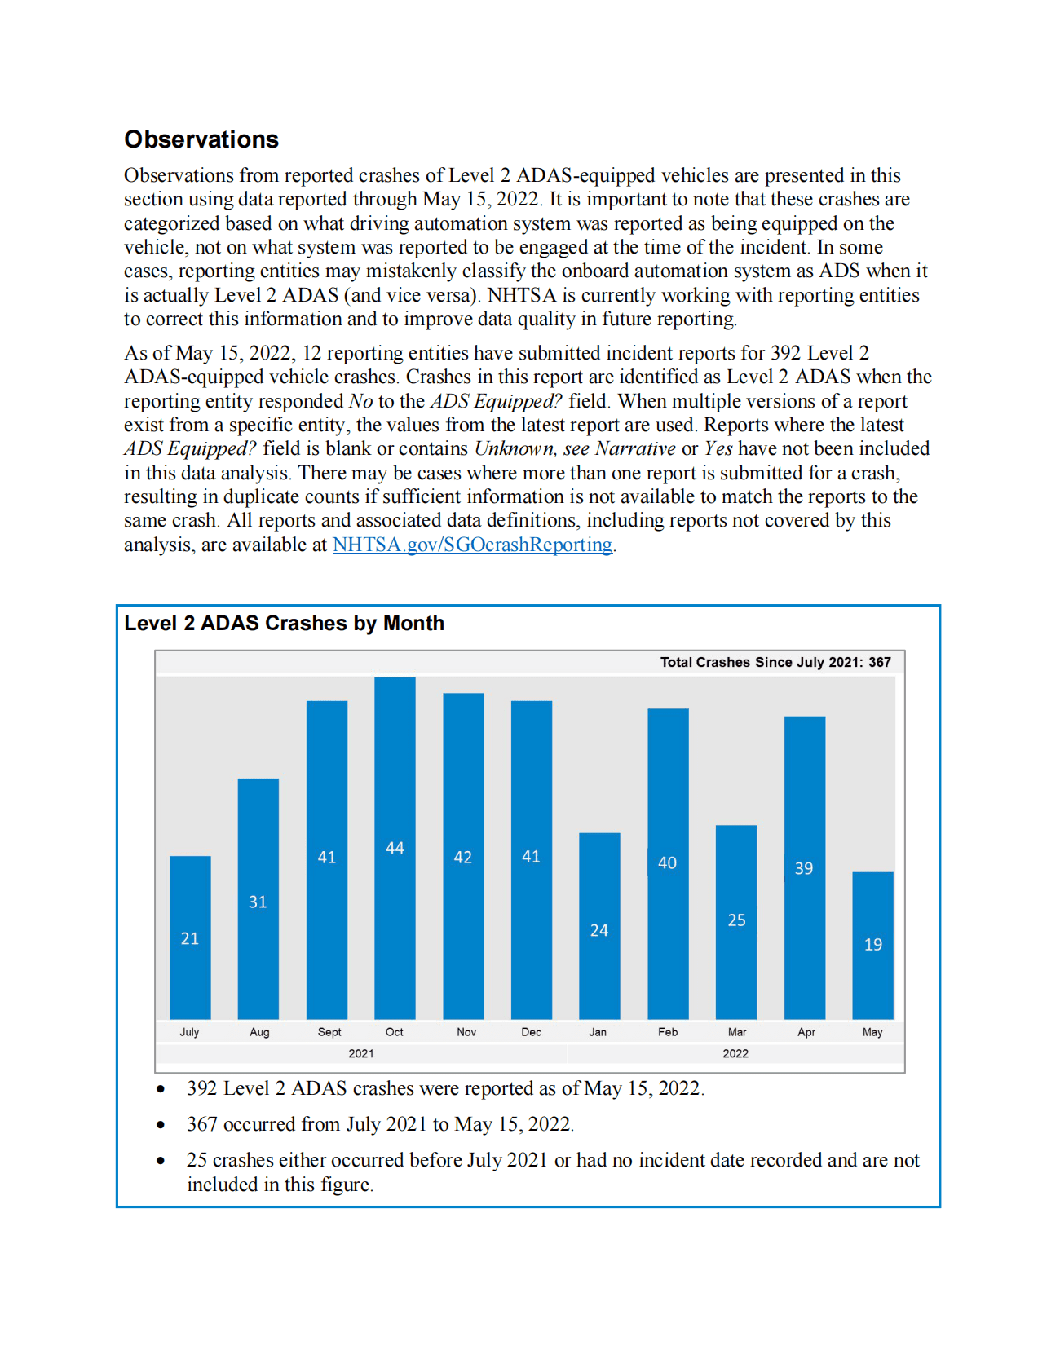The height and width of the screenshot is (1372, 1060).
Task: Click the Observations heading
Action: [201, 139]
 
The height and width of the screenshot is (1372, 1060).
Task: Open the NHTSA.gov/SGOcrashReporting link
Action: [472, 545]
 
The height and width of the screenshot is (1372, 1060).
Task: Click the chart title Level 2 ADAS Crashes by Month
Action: [284, 624]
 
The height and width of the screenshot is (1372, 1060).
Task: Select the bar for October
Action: [395, 848]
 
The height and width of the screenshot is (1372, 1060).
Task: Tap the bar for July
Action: [190, 937]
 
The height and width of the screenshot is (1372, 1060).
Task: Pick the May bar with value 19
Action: [872, 945]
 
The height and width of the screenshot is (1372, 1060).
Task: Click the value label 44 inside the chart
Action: [395, 848]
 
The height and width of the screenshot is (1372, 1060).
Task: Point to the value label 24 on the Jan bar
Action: [599, 930]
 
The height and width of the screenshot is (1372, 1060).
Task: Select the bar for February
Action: [668, 863]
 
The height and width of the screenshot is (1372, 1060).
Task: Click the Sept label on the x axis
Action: [329, 1032]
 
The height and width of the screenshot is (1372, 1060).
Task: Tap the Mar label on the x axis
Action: [736, 1032]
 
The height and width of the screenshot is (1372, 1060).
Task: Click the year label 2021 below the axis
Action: [361, 1054]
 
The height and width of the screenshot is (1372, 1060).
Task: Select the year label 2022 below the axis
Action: [735, 1054]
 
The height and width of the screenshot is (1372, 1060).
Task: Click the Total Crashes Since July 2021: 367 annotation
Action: [775, 662]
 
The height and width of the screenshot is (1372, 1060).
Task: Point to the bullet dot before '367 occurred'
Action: [161, 1125]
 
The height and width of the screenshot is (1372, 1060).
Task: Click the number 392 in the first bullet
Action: [201, 1088]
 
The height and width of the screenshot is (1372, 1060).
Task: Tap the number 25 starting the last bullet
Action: [197, 1160]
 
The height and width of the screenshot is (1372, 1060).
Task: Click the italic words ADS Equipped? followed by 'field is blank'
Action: [190, 448]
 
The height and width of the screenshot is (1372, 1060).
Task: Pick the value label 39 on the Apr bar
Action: [804, 868]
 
